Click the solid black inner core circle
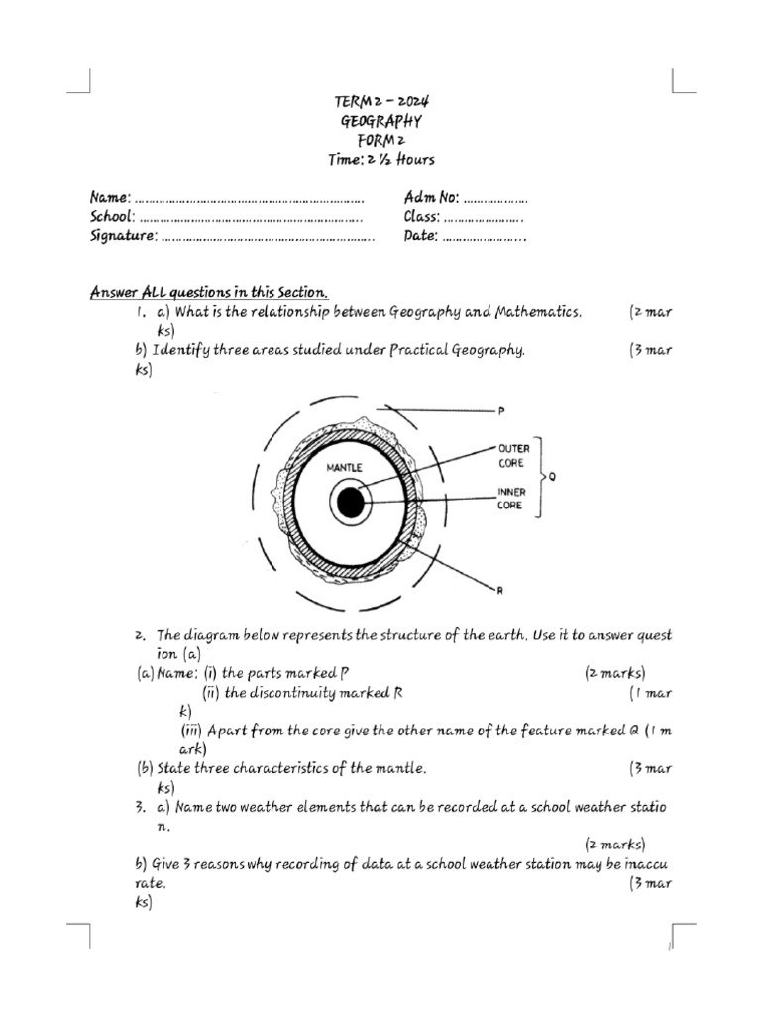point(350,504)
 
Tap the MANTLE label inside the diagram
point(344,466)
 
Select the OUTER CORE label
point(513,455)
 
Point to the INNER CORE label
point(512,498)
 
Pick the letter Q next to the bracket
point(552,476)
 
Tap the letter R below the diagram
point(499,591)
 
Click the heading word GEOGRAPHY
point(381,121)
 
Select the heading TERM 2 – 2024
point(381,102)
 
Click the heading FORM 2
point(381,140)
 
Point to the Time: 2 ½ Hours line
point(381,159)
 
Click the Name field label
point(109,199)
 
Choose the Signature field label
point(123,236)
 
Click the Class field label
point(422,217)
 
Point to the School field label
point(112,217)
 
